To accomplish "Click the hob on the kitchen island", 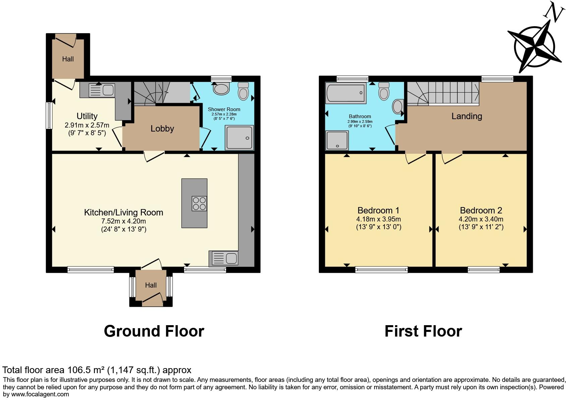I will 199,203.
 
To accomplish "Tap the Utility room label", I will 87,116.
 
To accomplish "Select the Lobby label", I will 162,129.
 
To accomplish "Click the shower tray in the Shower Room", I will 239,137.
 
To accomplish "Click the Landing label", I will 466,116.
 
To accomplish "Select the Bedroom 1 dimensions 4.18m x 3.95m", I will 378,219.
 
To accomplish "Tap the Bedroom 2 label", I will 481,210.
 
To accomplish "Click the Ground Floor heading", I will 154,331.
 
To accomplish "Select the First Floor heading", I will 423,331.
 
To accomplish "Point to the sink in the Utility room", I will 102,90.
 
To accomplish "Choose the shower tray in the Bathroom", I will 337,140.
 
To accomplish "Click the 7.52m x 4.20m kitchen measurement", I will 123,221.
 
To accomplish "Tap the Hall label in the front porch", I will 151,285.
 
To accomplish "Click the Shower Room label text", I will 224,109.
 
